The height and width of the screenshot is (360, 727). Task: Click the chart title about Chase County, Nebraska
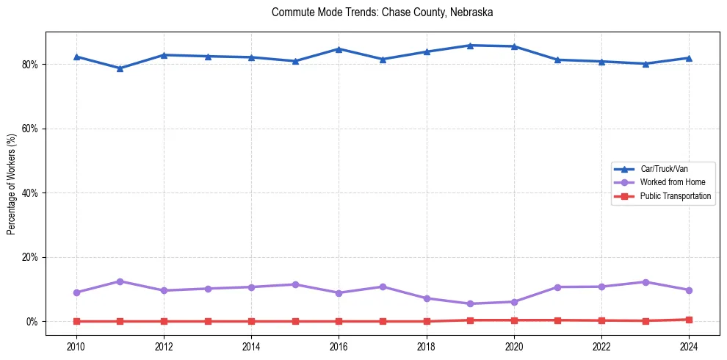pyautogui.click(x=382, y=12)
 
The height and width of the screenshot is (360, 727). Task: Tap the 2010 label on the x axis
pyautogui.click(x=76, y=347)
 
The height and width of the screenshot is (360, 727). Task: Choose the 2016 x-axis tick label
pyautogui.click(x=339, y=347)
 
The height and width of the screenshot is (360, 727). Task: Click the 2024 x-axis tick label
pyautogui.click(x=689, y=347)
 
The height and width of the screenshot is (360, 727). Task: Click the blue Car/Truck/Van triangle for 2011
pyautogui.click(x=120, y=68)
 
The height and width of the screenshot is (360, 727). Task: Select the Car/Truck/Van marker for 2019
pyautogui.click(x=470, y=46)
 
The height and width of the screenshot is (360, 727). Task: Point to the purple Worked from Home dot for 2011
pyautogui.click(x=120, y=281)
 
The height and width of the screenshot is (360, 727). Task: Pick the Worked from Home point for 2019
pyautogui.click(x=470, y=303)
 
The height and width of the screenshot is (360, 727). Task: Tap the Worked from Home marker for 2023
pyautogui.click(x=645, y=282)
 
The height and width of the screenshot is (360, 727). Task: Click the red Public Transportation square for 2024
pyautogui.click(x=689, y=320)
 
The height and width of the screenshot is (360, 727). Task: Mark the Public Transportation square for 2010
pyautogui.click(x=76, y=321)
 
